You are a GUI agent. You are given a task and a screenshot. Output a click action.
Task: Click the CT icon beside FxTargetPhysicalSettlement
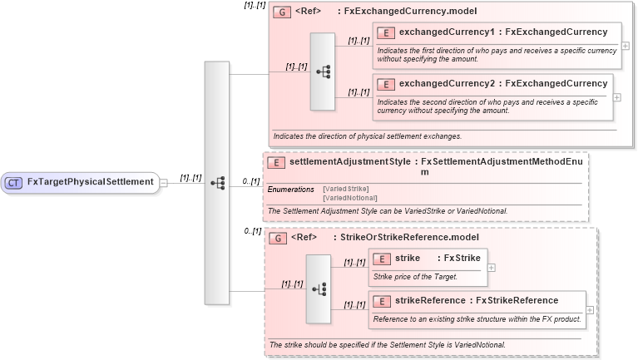(13, 182)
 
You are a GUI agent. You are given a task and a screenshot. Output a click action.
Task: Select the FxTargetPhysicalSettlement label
(90, 182)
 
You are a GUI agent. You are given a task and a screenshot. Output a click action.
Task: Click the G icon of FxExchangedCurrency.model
(281, 12)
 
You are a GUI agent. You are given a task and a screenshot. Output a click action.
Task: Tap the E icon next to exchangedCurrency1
(385, 32)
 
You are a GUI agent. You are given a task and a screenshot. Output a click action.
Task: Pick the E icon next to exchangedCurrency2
(385, 84)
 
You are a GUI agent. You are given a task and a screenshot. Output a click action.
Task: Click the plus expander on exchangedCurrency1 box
(625, 46)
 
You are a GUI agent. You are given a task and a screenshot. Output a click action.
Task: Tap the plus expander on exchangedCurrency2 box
(616, 96)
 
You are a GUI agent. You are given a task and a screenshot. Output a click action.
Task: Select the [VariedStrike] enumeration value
(346, 189)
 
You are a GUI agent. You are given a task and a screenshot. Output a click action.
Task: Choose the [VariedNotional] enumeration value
(349, 198)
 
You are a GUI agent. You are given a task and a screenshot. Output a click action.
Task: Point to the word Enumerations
(290, 190)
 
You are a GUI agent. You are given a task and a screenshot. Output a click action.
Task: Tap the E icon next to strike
(382, 259)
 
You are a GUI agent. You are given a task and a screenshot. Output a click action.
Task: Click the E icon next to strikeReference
(382, 300)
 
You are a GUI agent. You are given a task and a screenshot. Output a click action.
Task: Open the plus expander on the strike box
(492, 268)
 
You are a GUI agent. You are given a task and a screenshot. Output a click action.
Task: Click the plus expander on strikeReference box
(590, 309)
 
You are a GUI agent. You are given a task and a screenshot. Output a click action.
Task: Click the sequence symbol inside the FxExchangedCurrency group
(322, 72)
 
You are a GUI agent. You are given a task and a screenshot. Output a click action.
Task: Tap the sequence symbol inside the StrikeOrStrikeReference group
(319, 288)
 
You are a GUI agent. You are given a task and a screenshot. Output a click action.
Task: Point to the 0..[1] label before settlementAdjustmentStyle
(250, 180)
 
